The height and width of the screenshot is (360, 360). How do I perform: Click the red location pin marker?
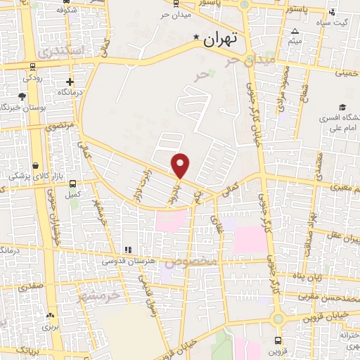click(181, 165)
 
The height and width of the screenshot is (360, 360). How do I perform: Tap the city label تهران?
click(221, 41)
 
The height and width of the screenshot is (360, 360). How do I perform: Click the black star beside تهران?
click(197, 39)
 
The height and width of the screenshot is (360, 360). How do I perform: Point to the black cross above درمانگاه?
click(70, 82)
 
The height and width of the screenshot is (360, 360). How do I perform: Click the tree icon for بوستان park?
click(22, 96)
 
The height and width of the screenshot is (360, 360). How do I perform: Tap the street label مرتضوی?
click(59, 127)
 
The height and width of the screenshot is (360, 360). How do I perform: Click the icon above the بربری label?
click(49, 316)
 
